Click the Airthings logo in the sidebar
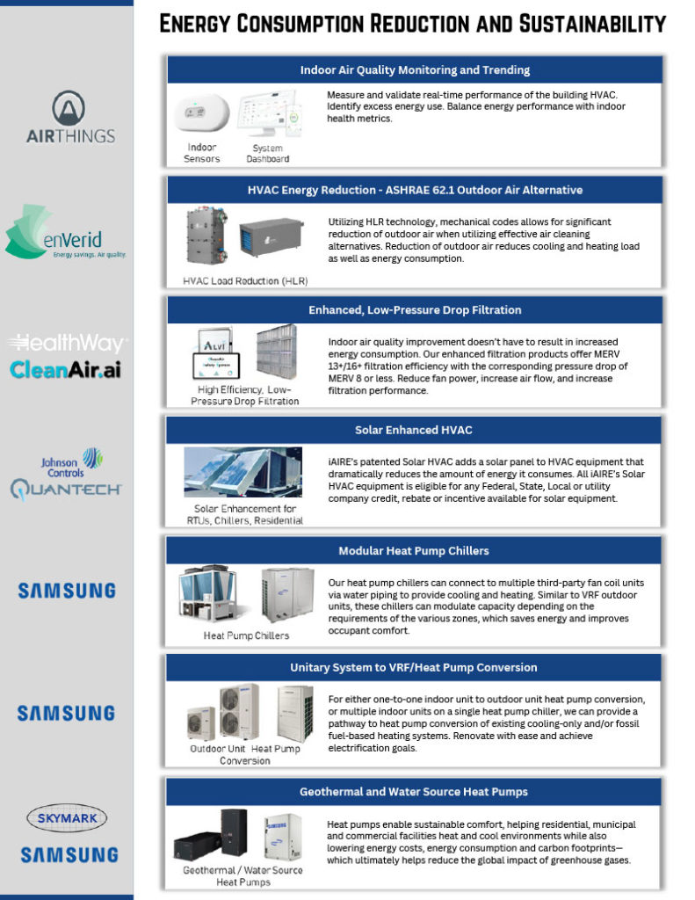[x=70, y=117]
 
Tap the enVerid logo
[x=65, y=232]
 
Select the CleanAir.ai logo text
[x=65, y=370]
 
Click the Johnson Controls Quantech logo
[x=65, y=474]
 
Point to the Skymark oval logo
[x=67, y=818]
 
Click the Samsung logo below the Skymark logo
[x=69, y=854]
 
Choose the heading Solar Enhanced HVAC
[x=413, y=430]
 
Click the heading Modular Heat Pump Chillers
[x=413, y=550]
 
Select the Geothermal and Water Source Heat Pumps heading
[x=413, y=792]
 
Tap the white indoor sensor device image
[x=201, y=112]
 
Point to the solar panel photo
[x=243, y=472]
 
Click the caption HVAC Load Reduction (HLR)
[x=245, y=280]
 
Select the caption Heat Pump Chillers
[x=246, y=635]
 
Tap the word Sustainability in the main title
[x=592, y=24]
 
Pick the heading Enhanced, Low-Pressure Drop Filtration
[x=415, y=310]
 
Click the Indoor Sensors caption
[x=201, y=153]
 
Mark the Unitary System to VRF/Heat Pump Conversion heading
[x=413, y=668]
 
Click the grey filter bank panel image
[x=277, y=352]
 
